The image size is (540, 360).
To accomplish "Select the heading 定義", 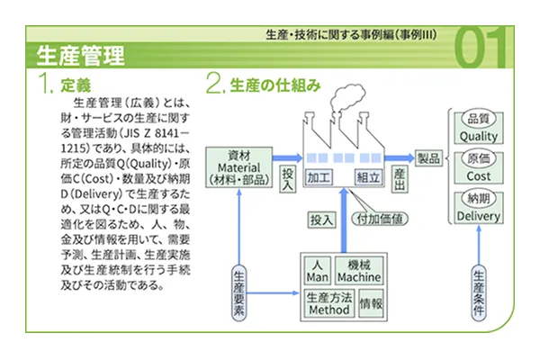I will point(73,86).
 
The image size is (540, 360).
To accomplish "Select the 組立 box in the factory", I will point(367,176).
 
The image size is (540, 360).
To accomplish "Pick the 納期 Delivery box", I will point(478,209).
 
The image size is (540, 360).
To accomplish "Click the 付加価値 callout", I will point(379,218).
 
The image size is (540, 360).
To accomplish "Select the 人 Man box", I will point(316,271).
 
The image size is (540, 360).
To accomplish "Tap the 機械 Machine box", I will point(358,271).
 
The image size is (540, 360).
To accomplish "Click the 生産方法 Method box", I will point(328,303).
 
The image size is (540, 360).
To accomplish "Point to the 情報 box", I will point(371,304).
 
